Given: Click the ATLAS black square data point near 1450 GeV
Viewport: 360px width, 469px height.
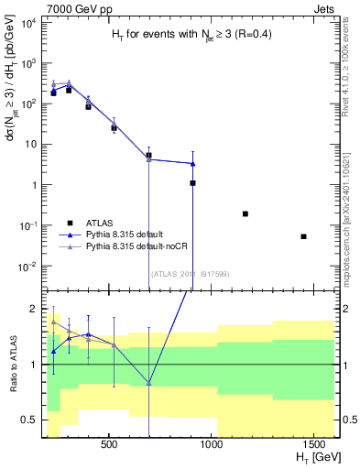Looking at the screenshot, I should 303,236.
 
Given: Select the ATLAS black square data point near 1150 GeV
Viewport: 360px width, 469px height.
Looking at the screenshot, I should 245,213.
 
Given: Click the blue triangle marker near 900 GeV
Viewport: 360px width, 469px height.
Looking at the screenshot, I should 192,164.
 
